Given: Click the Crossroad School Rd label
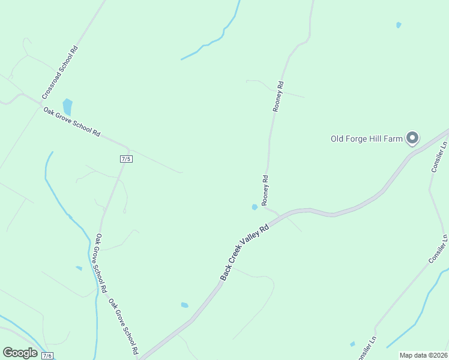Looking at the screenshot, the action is (x=61, y=73).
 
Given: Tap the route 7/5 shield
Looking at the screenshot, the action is (x=125, y=158).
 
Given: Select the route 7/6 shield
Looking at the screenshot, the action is (x=47, y=355).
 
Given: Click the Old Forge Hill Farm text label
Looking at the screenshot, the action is (x=366, y=139).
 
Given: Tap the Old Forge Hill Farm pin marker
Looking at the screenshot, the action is (x=412, y=138).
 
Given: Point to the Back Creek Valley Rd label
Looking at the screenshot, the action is (x=244, y=253).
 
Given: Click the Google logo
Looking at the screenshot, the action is (x=20, y=353).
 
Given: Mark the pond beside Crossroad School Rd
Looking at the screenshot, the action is (x=67, y=107).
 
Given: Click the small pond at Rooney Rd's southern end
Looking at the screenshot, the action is (x=255, y=207).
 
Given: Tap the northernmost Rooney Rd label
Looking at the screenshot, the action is (x=278, y=97).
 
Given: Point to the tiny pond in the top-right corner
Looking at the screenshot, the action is (x=399, y=25).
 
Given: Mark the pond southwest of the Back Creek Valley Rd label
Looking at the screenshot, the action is (x=185, y=305).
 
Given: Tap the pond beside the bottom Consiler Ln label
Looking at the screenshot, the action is (x=352, y=344).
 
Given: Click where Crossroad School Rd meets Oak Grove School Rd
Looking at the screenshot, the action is (x=40, y=105).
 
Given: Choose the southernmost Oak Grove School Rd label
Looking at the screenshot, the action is (x=124, y=326).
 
